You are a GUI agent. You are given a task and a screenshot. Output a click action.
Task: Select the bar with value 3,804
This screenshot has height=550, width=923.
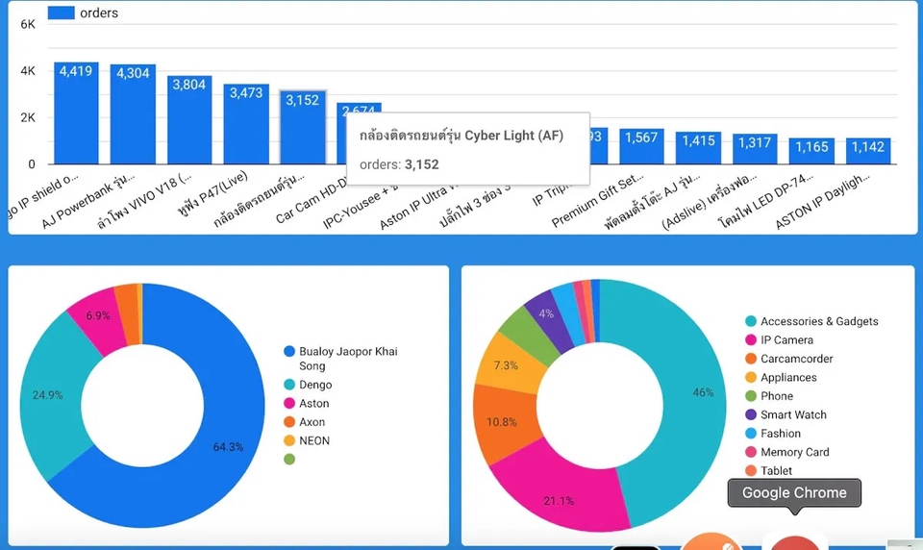(x=189, y=120)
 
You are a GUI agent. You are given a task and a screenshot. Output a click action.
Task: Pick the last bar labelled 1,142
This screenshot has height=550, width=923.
(x=868, y=151)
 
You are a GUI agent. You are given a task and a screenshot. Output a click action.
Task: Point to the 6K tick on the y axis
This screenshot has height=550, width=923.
(x=29, y=24)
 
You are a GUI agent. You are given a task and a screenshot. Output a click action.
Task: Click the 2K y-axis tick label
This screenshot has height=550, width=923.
(x=29, y=117)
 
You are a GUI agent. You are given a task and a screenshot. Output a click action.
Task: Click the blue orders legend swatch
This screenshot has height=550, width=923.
(x=62, y=12)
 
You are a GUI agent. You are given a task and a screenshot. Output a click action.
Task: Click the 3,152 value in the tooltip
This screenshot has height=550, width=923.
(x=421, y=164)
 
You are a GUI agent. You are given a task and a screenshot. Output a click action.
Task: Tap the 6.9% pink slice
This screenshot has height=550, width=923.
(x=97, y=314)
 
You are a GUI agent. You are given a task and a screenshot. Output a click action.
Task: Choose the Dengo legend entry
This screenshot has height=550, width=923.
(x=314, y=385)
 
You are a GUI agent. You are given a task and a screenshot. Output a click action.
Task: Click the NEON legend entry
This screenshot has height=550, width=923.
(x=313, y=440)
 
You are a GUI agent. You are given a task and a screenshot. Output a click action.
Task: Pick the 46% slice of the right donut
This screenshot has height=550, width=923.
(x=687, y=392)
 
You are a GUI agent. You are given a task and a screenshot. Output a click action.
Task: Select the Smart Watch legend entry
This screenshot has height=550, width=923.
(x=792, y=414)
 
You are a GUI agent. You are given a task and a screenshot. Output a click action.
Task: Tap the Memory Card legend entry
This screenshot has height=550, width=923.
(x=794, y=452)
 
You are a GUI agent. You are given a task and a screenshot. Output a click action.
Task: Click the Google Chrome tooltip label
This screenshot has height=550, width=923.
(x=794, y=493)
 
